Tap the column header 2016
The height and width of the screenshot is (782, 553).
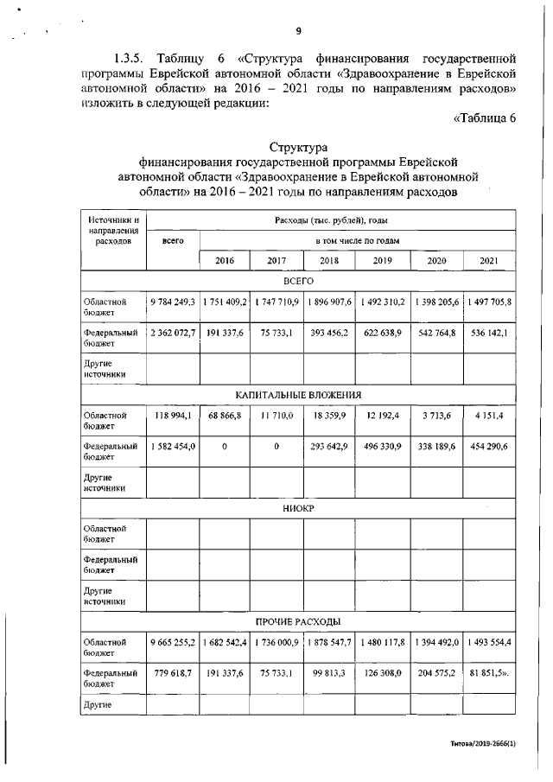pos(225,260)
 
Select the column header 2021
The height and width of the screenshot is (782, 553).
pos(488,260)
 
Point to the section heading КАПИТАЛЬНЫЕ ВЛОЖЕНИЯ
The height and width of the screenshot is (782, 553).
pos(298,395)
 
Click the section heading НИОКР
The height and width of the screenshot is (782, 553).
pos(298,508)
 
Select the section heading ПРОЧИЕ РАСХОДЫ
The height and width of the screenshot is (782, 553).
pos(298,621)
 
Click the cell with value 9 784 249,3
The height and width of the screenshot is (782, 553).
pos(173,302)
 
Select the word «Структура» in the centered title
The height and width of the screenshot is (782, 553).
pos(298,147)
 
